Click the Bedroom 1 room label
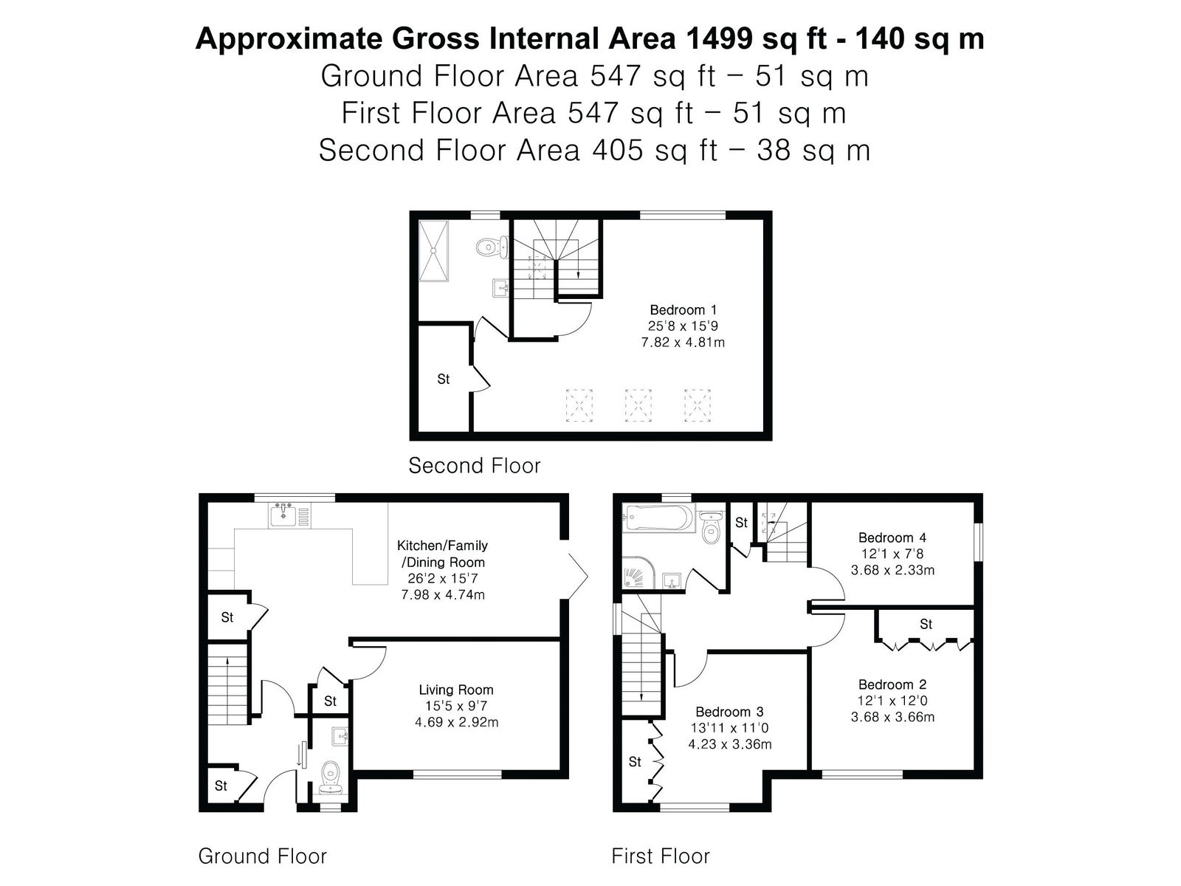[x=683, y=310]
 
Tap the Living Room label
[x=455, y=690]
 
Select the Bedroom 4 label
[x=892, y=538]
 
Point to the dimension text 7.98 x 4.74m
[x=443, y=595]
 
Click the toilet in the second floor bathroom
[x=492, y=247]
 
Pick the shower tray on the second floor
[x=433, y=251]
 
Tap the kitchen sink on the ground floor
[x=283, y=515]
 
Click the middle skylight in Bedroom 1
[x=638, y=405]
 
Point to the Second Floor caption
[x=474, y=465]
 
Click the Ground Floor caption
[x=262, y=856]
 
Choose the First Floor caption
[x=660, y=856]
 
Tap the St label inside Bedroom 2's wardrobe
[x=926, y=624]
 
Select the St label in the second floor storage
[x=444, y=380]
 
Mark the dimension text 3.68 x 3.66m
[x=892, y=717]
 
